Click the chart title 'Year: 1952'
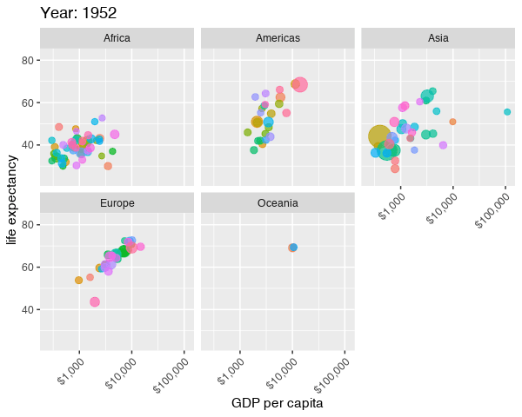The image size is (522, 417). coord(78,13)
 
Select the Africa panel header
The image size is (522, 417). coord(117,38)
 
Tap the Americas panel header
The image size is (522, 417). coord(278,38)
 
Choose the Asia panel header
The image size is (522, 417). coord(438,38)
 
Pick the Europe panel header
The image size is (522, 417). coord(117,203)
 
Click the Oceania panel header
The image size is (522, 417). coord(278,203)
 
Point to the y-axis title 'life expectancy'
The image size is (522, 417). coord(12,200)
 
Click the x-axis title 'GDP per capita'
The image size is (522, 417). coord(278,404)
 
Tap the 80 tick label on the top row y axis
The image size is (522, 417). coord(28,60)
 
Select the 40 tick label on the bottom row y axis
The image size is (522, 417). coord(28,309)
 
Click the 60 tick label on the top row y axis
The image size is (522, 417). coord(28,103)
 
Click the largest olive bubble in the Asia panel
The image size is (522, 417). coord(379,136)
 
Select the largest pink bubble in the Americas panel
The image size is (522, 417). coord(300,85)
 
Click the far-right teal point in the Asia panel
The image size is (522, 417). coord(507,112)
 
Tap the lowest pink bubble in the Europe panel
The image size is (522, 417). coord(95,302)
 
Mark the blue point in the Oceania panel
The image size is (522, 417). coord(293,248)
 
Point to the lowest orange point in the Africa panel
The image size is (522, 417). coord(108,166)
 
